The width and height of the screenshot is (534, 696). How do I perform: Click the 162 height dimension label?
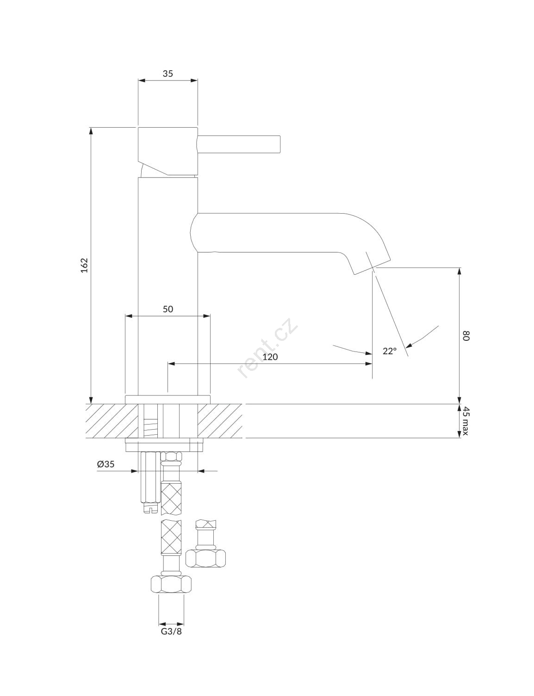(84, 265)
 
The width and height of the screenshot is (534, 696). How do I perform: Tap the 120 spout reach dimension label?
(270, 357)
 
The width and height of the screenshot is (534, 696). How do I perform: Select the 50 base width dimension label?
(168, 309)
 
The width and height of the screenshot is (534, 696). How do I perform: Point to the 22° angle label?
(390, 351)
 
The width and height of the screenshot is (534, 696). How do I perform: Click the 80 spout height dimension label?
(466, 336)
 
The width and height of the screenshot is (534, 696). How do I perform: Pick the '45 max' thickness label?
(466, 421)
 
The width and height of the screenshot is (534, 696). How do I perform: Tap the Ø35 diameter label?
(106, 464)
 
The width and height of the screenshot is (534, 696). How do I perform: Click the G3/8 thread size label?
(171, 631)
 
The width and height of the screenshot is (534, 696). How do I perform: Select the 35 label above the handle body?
(168, 74)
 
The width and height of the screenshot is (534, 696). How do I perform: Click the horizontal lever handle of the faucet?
(239, 144)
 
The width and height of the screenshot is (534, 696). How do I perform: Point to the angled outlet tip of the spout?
(372, 266)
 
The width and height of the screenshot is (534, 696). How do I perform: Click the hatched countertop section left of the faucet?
(112, 421)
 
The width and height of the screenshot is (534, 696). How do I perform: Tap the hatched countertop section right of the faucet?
(220, 421)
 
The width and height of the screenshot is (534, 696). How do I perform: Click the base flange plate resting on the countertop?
(168, 400)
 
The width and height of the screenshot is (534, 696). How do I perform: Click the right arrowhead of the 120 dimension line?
(369, 363)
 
